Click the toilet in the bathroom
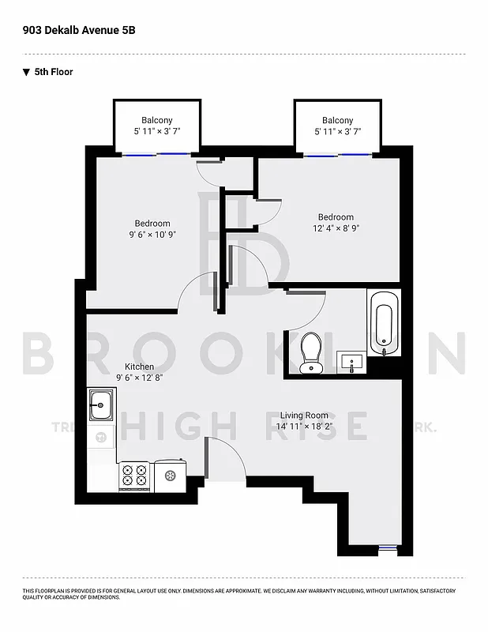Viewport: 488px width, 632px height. point(311,351)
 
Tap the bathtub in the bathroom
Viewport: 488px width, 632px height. point(384,324)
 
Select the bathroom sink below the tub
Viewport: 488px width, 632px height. point(351,363)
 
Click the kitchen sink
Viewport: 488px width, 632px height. point(100,406)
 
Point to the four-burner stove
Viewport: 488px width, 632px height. point(134,476)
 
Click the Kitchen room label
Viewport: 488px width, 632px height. point(139,367)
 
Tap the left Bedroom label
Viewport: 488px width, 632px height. point(152,224)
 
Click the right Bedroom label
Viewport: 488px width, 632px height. point(336,217)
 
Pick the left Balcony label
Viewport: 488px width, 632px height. point(157,120)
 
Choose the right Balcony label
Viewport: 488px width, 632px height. point(337,120)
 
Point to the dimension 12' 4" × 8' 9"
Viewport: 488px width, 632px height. point(336,228)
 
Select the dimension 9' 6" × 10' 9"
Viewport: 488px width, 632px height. point(152,235)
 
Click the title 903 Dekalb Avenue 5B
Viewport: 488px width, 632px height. point(73,30)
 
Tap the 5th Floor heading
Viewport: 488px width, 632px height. point(54,72)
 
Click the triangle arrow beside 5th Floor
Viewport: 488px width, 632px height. point(27,72)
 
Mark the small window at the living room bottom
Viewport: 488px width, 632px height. point(386,547)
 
